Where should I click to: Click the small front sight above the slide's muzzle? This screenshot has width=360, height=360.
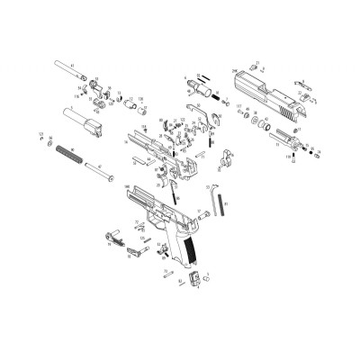pyautogui.click(x=256, y=69)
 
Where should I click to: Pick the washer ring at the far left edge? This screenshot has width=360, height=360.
pyautogui.click(x=40, y=138)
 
